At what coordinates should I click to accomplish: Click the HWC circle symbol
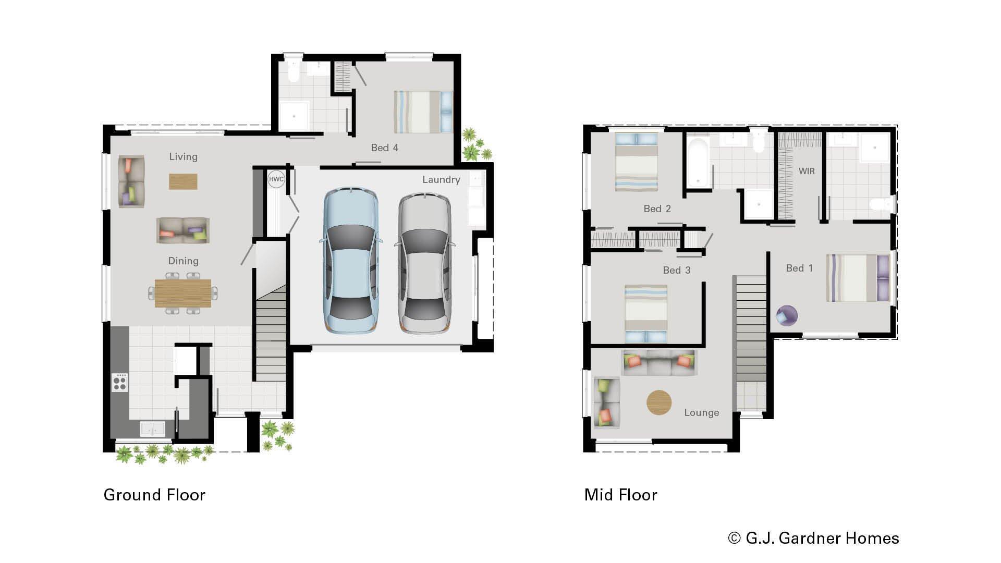(276, 179)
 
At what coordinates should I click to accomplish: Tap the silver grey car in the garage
(424, 263)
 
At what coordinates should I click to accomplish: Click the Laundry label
(441, 179)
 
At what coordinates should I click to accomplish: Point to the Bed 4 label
(384, 148)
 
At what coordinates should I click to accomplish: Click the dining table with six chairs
(183, 293)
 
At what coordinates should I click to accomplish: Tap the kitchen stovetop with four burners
(120, 382)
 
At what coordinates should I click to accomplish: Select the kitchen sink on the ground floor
(152, 429)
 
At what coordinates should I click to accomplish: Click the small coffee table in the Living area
(183, 181)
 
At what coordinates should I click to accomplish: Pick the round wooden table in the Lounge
(659, 402)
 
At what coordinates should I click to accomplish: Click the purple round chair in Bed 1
(787, 315)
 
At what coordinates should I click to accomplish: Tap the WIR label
(806, 171)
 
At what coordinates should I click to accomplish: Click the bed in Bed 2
(636, 162)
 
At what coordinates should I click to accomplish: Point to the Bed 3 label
(676, 270)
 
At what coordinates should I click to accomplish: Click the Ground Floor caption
(154, 494)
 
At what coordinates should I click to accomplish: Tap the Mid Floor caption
(620, 494)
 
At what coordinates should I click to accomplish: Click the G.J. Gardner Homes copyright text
(813, 538)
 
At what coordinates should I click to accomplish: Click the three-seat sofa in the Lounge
(658, 363)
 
